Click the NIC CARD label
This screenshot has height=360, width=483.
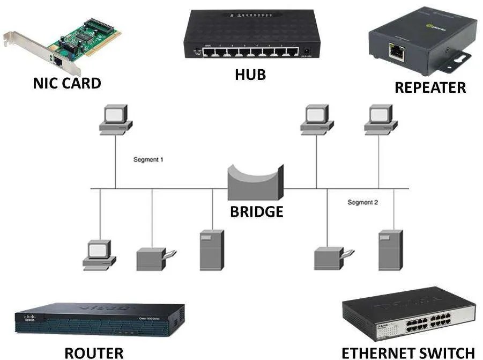coord(66,83)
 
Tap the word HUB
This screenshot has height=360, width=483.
coord(250,74)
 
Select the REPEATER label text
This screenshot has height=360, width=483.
coord(430,87)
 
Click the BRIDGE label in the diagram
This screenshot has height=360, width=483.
coord(256,211)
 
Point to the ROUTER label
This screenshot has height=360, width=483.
coord(94,352)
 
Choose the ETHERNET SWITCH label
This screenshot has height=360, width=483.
coord(408,352)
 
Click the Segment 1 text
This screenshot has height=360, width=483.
coord(148,160)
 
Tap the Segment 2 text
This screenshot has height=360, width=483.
coord(362,202)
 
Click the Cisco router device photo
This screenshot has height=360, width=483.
coord(99,320)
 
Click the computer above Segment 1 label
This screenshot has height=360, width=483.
coord(115,119)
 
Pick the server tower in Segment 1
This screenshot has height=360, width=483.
coord(212,249)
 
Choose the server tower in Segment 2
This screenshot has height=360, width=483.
coord(390,249)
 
